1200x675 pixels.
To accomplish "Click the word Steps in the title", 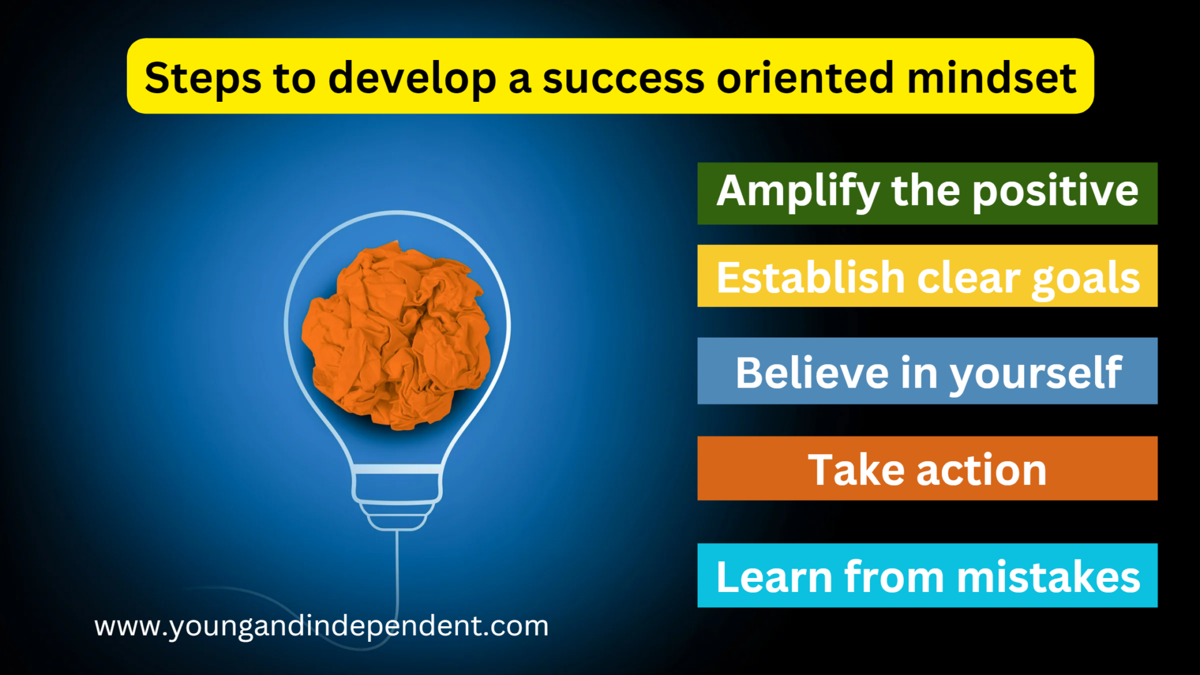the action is (202, 79).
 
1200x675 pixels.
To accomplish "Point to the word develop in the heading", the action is (412, 79).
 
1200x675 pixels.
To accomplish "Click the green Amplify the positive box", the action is (927, 194).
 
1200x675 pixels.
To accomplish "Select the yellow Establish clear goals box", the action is (927, 276).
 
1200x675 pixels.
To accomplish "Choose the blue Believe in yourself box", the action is (927, 371).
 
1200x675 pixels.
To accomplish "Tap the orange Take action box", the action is (927, 468).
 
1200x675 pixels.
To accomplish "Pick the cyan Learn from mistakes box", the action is (927, 575).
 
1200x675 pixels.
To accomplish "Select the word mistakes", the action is (1048, 576).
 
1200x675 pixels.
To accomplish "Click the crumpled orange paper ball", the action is (396, 335).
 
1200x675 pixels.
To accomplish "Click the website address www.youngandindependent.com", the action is (321, 626).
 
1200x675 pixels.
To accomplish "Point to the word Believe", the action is (812, 373).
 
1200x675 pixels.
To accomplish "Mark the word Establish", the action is (811, 277).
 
